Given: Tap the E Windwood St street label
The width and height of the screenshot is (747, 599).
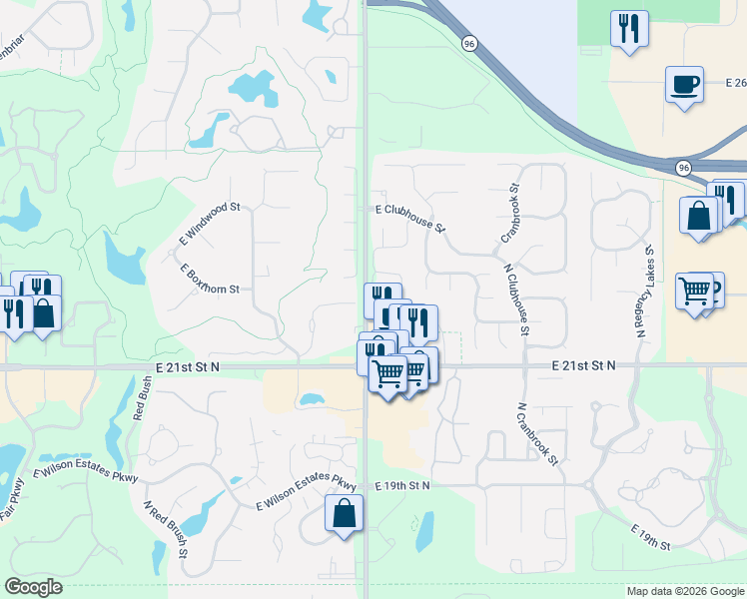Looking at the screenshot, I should (210, 225).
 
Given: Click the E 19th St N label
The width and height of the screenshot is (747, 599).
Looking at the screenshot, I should (402, 485).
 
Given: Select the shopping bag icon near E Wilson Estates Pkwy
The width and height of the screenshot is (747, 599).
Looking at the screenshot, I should (344, 514).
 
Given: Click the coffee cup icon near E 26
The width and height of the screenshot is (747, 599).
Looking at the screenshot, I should (684, 84).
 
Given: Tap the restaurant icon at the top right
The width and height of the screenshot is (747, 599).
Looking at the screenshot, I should (629, 27).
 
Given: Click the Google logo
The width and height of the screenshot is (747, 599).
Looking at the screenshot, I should (33, 587).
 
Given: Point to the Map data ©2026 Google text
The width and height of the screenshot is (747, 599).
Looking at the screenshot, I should (685, 591).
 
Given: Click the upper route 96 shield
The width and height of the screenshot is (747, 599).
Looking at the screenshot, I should (468, 43).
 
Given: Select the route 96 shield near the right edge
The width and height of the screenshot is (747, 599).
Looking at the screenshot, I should (682, 167).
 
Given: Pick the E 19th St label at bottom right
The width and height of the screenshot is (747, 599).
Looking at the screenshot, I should (651, 536).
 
